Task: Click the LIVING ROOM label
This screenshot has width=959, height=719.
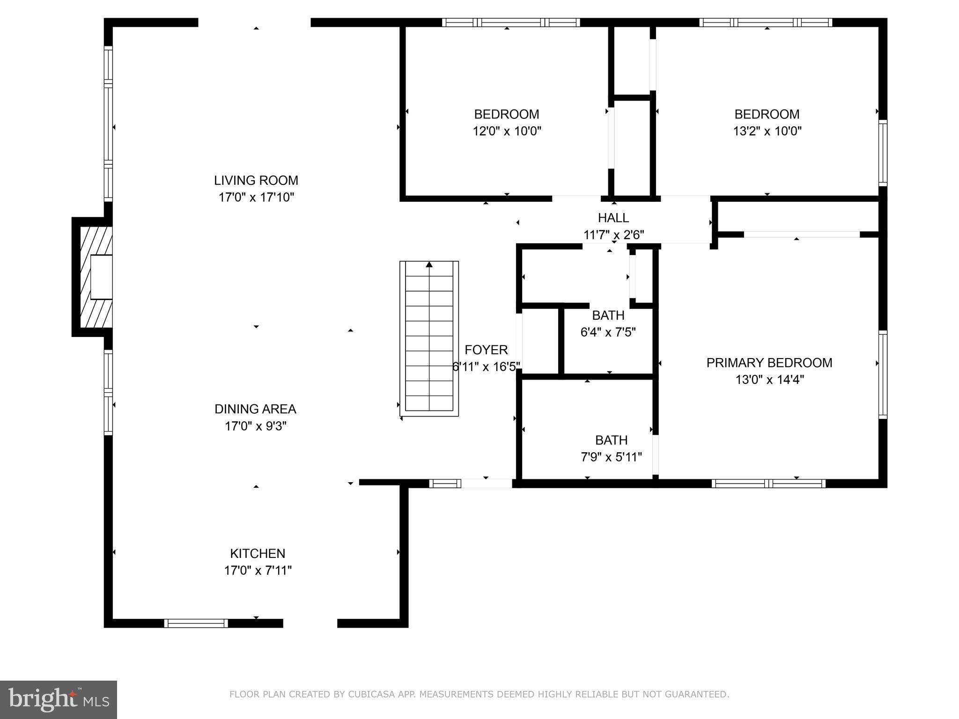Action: pyautogui.click(x=256, y=180)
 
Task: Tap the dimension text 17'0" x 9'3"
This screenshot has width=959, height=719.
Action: pyautogui.click(x=255, y=426)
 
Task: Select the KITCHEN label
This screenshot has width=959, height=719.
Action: pyautogui.click(x=258, y=553)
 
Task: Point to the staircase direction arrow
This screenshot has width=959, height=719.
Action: pyautogui.click(x=429, y=265)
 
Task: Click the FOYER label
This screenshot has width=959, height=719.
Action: pyautogui.click(x=486, y=350)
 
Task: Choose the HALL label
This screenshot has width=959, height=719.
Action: pyautogui.click(x=613, y=218)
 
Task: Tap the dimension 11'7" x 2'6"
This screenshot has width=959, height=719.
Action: pyautogui.click(x=613, y=235)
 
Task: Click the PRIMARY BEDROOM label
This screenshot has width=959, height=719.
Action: pyautogui.click(x=769, y=363)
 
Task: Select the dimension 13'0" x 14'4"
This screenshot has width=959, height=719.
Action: pyautogui.click(x=769, y=380)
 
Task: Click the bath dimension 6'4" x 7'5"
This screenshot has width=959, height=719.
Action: pyautogui.click(x=608, y=332)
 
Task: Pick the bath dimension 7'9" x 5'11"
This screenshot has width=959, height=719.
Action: pyautogui.click(x=611, y=457)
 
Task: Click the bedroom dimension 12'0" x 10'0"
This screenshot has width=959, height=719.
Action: pyautogui.click(x=507, y=131)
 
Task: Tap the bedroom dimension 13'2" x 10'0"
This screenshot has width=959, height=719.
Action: pyautogui.click(x=767, y=131)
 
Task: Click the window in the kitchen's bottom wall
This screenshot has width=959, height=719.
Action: pyautogui.click(x=196, y=623)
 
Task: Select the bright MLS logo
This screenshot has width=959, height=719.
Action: pyautogui.click(x=59, y=699)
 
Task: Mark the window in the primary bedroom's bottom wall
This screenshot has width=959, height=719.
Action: pyautogui.click(x=768, y=484)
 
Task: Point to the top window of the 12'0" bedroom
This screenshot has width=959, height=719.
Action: pyautogui.click(x=511, y=22)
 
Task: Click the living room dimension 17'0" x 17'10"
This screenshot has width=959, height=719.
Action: pyautogui.click(x=256, y=197)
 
